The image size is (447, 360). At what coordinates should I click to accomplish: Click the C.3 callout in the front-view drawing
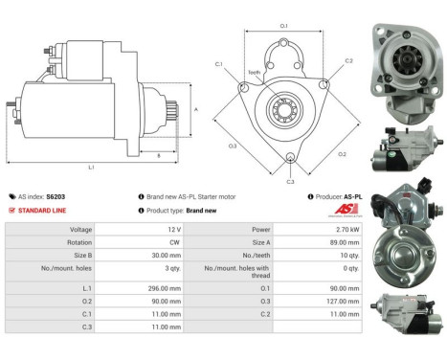pos(290,180)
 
